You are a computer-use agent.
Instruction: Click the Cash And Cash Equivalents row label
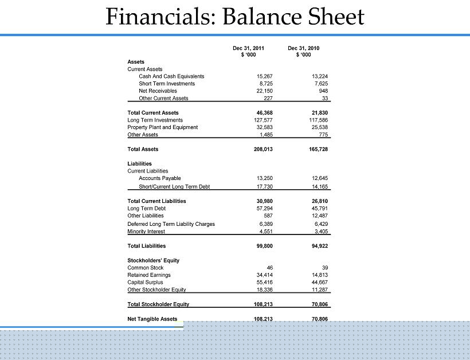[x=171, y=76]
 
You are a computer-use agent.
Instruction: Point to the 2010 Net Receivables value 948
[x=323, y=91]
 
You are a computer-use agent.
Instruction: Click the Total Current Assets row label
[x=153, y=113]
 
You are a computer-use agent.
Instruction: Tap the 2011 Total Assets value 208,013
[x=263, y=150]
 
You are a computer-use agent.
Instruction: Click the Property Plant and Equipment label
[x=162, y=127]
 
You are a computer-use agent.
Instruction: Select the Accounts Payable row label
[x=159, y=178]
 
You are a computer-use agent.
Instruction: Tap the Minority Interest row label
[x=146, y=232]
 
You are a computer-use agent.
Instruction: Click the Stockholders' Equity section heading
[x=153, y=260]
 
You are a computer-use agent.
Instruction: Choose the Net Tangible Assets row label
[x=152, y=319]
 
